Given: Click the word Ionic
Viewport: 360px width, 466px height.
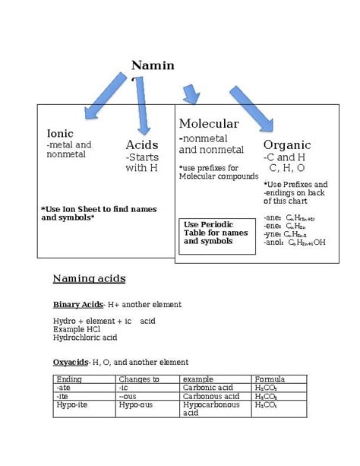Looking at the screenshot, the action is tap(60, 133).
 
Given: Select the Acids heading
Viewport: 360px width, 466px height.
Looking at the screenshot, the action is tap(142, 144).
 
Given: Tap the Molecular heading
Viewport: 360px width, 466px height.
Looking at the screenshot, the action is tap(209, 124).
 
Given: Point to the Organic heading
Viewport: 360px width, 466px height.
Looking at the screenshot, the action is tap(287, 144).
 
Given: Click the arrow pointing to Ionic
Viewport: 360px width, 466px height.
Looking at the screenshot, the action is tap(104, 95).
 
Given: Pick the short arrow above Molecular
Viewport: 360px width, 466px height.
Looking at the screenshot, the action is tap(191, 94).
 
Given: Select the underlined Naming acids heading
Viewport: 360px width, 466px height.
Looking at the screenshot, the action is tap(89, 278).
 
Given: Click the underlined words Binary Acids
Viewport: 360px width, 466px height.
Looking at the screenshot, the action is tap(77, 304).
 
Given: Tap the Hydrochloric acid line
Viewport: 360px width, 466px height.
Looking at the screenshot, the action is tap(85, 338).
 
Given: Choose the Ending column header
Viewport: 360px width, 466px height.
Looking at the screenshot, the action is tap(69, 379).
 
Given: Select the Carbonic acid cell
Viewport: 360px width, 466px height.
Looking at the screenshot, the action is tap(206, 387).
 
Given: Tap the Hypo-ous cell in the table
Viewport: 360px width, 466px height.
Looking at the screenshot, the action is tap(137, 404).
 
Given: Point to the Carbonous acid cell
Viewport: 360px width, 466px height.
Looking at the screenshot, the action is tap(208, 396).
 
